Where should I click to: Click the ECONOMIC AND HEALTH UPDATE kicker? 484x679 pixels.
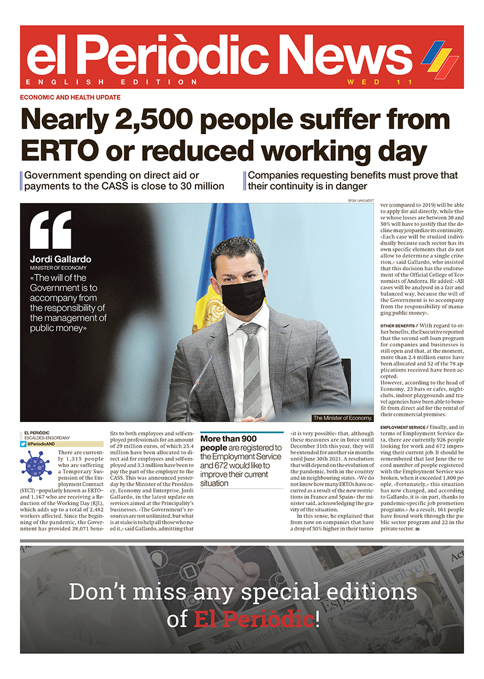click(70, 98)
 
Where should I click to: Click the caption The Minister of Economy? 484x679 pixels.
click(342, 418)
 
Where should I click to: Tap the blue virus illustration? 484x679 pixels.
click(35, 466)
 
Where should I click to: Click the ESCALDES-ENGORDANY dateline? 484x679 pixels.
click(49, 438)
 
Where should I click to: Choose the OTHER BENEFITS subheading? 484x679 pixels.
click(399, 325)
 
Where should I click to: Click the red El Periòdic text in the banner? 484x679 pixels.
click(254, 619)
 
